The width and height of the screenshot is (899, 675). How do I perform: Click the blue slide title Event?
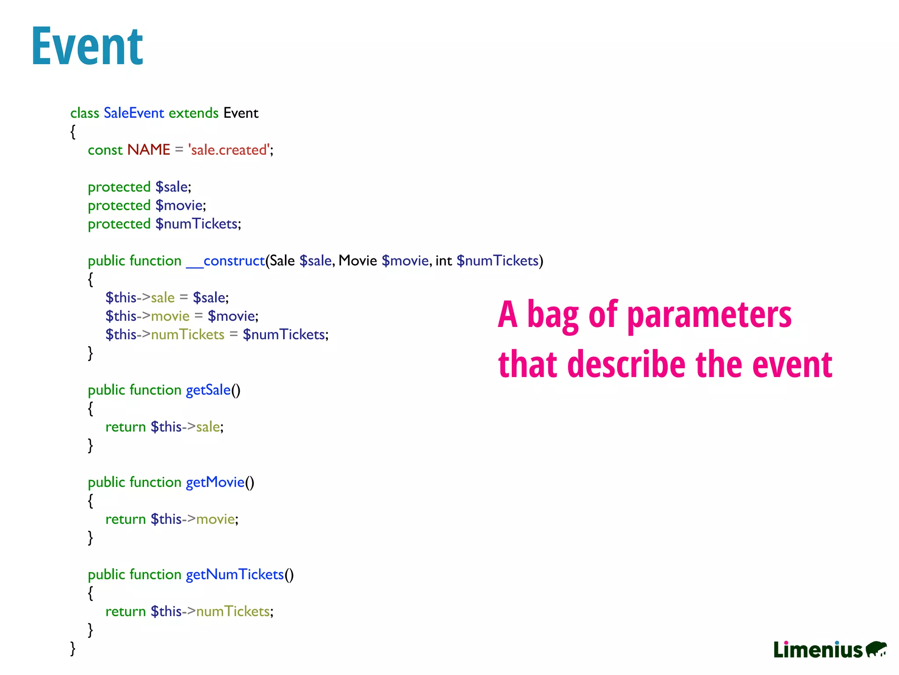tap(87, 46)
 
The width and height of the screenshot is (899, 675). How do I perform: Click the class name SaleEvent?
tap(133, 113)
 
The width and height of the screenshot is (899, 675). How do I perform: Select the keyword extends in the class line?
tap(193, 113)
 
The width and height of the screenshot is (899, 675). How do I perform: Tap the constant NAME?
tap(148, 150)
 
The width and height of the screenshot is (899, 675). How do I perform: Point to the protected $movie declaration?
tap(147, 205)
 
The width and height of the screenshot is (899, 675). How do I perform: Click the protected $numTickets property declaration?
tap(164, 224)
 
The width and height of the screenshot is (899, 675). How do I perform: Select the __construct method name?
tap(226, 261)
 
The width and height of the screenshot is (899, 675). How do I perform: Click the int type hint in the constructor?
tap(443, 261)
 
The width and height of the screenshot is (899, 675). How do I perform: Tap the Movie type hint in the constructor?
tap(357, 261)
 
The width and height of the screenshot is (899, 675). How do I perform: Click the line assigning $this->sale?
tap(167, 298)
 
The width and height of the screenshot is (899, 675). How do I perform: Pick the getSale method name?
tap(208, 390)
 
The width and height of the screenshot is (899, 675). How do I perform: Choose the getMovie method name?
tap(215, 482)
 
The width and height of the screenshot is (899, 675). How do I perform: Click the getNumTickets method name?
tap(235, 574)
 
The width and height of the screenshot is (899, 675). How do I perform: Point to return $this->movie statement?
tap(172, 519)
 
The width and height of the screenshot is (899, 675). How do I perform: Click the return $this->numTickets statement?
tap(189, 611)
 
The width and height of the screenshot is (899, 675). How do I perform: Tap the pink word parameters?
tap(709, 316)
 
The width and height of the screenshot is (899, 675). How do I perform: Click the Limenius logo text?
tap(818, 650)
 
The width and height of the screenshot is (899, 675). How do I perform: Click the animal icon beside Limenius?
tap(876, 649)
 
